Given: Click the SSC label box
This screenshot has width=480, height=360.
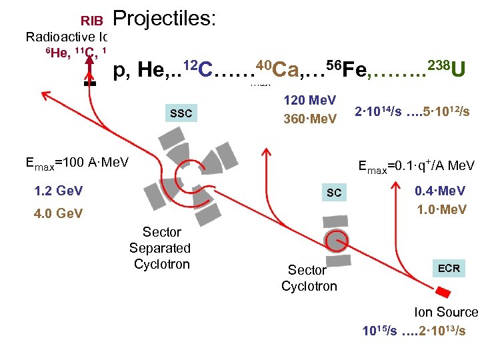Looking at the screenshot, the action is point(181,113).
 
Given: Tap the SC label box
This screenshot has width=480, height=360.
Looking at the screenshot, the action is point(334,193).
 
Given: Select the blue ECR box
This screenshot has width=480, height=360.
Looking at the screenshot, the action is point(448,268).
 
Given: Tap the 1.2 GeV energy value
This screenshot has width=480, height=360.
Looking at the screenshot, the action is point(59,191).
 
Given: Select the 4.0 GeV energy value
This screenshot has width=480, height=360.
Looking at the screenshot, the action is point(59,213).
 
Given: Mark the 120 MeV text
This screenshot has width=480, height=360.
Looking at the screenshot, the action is point(310,101).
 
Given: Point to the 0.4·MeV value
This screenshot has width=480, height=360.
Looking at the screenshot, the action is point(440,191).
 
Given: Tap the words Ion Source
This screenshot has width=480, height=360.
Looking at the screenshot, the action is point(446,312).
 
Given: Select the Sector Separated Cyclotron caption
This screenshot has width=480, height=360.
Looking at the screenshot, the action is point(160,248).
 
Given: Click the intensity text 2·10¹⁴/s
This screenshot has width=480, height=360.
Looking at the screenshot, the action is point(379,111).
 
